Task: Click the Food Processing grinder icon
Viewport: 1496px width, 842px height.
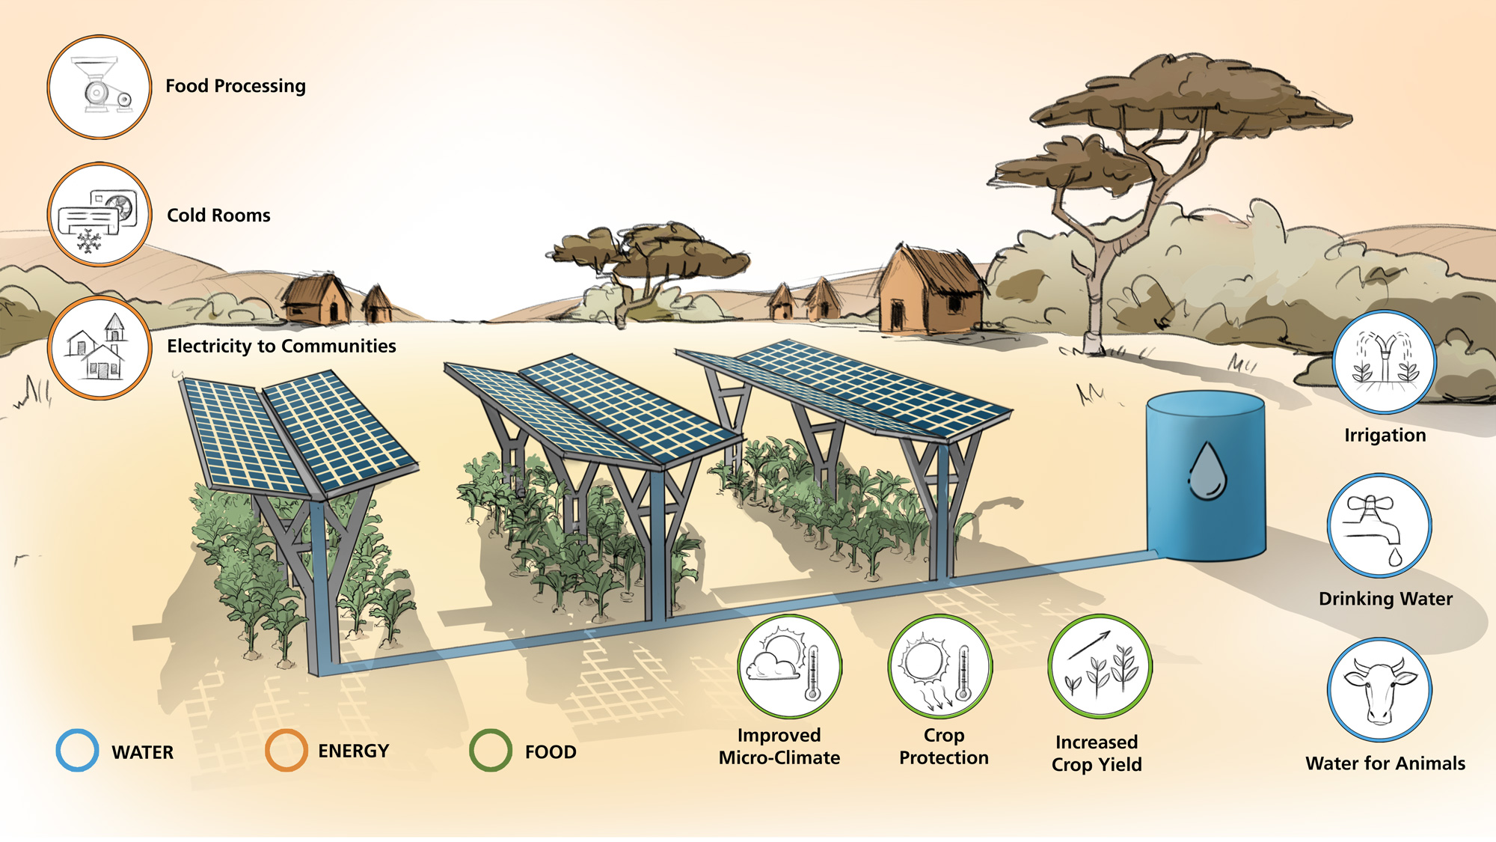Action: pos(99,87)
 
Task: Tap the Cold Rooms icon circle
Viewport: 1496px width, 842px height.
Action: pos(99,215)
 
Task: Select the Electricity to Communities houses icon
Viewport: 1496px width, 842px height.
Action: pos(99,348)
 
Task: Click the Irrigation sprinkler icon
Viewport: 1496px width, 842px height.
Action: pos(1385,362)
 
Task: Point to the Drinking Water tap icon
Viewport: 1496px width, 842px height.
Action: pos(1379,525)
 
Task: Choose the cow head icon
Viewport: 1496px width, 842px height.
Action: pos(1379,690)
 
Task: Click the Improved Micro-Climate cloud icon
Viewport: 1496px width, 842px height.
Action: pos(790,667)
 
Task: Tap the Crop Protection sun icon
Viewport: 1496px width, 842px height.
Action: pos(940,667)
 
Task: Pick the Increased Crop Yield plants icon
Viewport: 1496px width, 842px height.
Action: pos(1100,667)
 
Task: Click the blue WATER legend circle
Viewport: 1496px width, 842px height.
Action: pos(77,751)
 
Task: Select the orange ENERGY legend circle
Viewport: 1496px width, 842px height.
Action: pos(286,751)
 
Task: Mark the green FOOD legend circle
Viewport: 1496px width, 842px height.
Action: pos(491,751)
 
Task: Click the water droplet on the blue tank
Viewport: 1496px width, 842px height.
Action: pos(1207,472)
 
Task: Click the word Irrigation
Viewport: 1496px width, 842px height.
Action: pos(1385,436)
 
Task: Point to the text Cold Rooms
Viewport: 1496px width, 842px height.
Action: pos(218,216)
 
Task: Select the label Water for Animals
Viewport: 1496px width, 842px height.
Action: pos(1385,763)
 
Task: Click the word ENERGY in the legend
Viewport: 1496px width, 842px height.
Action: pos(353,751)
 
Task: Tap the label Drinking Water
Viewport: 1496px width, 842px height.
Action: pos(1385,599)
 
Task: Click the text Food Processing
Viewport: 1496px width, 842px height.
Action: pos(236,86)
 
